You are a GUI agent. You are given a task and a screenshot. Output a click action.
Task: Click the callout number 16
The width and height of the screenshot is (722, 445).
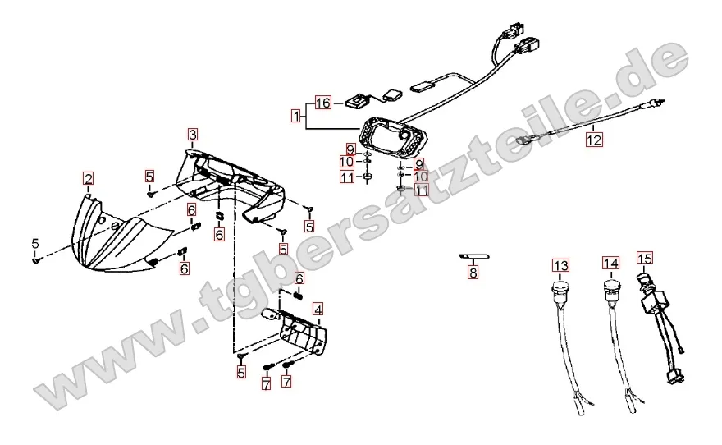pyautogui.click(x=323, y=103)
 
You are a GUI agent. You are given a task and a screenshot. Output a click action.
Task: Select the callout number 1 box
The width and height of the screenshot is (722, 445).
pyautogui.click(x=295, y=115)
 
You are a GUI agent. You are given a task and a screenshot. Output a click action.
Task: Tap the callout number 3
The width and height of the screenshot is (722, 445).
pyautogui.click(x=193, y=134)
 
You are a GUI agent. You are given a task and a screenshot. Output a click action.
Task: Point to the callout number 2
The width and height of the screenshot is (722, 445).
pyautogui.click(x=88, y=178)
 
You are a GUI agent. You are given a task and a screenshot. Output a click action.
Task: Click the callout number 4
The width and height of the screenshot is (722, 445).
pyautogui.click(x=318, y=309)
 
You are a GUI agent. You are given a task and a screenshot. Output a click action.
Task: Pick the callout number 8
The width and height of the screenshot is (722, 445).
pyautogui.click(x=473, y=273)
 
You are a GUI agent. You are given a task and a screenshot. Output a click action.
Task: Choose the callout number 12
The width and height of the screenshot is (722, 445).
pyautogui.click(x=594, y=139)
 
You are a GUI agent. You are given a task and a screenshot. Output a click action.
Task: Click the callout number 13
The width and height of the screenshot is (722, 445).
pyautogui.click(x=561, y=265)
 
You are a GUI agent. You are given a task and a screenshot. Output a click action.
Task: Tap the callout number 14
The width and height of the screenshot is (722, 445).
pyautogui.click(x=611, y=263)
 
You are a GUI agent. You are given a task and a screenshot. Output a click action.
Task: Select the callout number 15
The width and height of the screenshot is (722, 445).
pyautogui.click(x=645, y=258)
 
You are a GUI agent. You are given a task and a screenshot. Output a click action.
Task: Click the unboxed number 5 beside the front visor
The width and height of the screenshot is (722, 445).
pyautogui.click(x=35, y=244)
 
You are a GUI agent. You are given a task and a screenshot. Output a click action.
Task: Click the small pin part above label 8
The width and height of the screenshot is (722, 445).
pyautogui.click(x=474, y=257)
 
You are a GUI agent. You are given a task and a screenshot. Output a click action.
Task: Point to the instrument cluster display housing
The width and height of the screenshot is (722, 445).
pyautogui.click(x=395, y=137)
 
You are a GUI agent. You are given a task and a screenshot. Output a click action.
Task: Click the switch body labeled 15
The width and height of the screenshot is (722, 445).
pyautogui.click(x=650, y=300)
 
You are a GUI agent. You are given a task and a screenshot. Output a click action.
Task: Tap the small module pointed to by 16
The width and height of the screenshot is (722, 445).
pyautogui.click(x=357, y=101)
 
